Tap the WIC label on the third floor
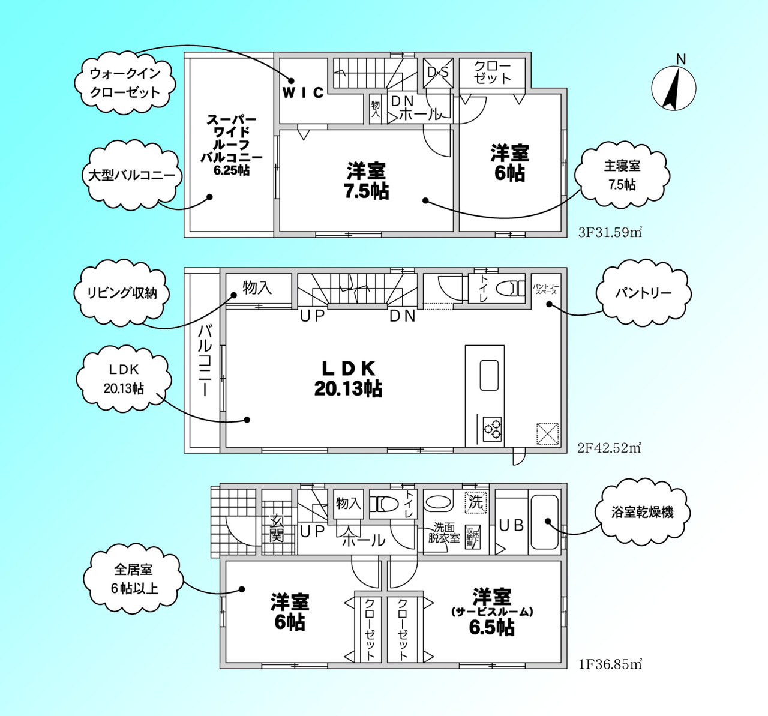(x=303, y=92)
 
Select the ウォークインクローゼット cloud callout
(x=125, y=83)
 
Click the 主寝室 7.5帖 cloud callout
(x=622, y=175)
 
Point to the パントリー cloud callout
(x=643, y=293)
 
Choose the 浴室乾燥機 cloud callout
(x=642, y=512)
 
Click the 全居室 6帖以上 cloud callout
(x=133, y=579)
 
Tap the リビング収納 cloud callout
(x=122, y=293)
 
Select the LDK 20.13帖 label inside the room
(x=348, y=379)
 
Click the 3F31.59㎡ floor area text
(x=610, y=232)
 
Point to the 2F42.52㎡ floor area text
(x=609, y=448)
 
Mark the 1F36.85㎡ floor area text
(x=610, y=664)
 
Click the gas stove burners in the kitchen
(x=493, y=429)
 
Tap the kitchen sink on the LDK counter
(x=489, y=375)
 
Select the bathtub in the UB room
(x=544, y=522)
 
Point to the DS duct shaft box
(x=437, y=73)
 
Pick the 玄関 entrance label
(x=277, y=528)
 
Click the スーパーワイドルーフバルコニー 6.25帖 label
(x=231, y=145)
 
